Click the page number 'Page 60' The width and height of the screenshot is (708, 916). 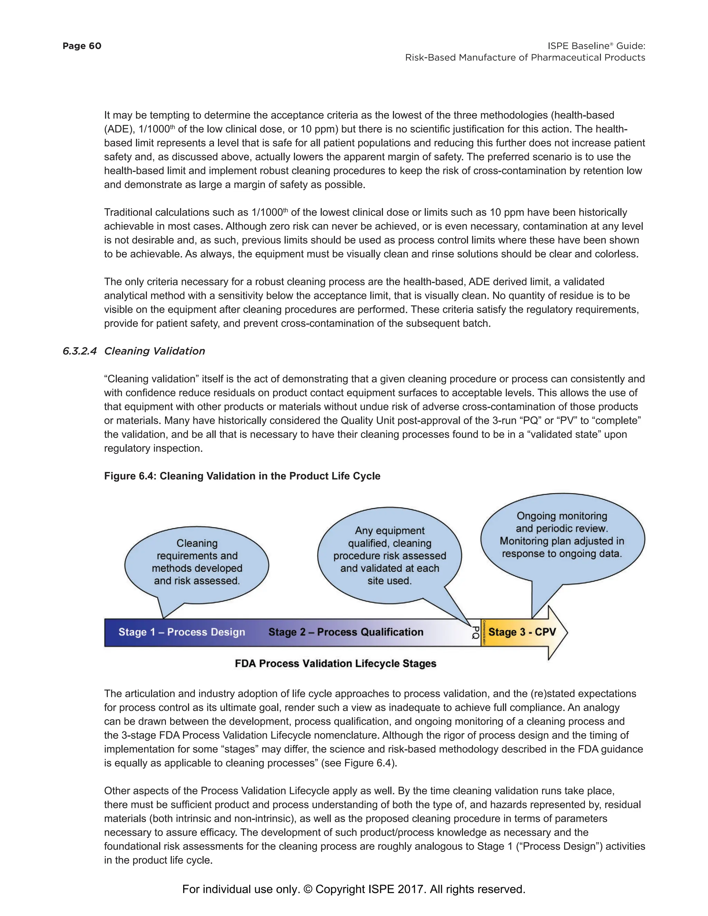pyautogui.click(x=82, y=46)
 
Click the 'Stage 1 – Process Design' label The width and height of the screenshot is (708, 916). pyautogui.click(x=181, y=632)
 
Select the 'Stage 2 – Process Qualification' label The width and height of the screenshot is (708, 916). pyautogui.click(x=346, y=632)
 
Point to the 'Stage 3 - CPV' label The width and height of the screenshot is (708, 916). pyautogui.click(x=522, y=632)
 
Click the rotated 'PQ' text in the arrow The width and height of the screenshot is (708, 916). pyautogui.click(x=475, y=633)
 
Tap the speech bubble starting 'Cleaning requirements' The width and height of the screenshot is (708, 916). pyautogui.click(x=197, y=562)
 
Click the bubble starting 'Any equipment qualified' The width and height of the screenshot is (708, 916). pyautogui.click(x=389, y=555)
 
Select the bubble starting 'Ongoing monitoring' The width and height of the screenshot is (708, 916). pyautogui.click(x=562, y=534)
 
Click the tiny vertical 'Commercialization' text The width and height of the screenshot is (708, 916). pyautogui.click(x=484, y=633)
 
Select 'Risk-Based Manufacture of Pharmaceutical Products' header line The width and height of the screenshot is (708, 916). pyautogui.click(x=525, y=58)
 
